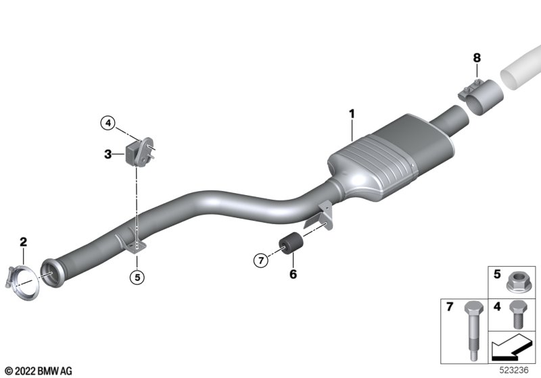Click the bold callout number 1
352,113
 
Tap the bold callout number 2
23,242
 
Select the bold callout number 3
108,154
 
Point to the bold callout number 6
293,274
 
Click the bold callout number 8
477,58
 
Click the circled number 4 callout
108,123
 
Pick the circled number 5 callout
137,277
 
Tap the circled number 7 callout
261,261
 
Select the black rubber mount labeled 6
291,243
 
